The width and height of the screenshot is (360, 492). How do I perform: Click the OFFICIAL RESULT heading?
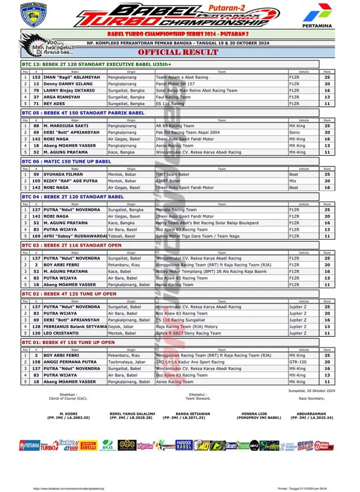click(178, 52)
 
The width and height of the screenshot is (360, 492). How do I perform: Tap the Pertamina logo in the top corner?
click(317, 15)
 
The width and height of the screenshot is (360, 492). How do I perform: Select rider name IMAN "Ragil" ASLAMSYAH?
click(72, 77)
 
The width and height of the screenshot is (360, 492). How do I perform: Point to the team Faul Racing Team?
click(173, 97)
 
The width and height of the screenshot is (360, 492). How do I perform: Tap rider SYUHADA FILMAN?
click(62, 174)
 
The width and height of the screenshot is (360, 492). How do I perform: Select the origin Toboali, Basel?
click(123, 236)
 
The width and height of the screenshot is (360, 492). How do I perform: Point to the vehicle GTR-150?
click(298, 362)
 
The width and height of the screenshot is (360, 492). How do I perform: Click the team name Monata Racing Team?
click(176, 210)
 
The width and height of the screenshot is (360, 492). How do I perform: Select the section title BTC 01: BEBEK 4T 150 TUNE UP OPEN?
click(68, 343)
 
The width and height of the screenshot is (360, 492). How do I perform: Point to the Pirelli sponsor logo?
click(88, 445)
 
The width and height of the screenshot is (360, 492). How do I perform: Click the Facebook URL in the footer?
click(68, 488)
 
